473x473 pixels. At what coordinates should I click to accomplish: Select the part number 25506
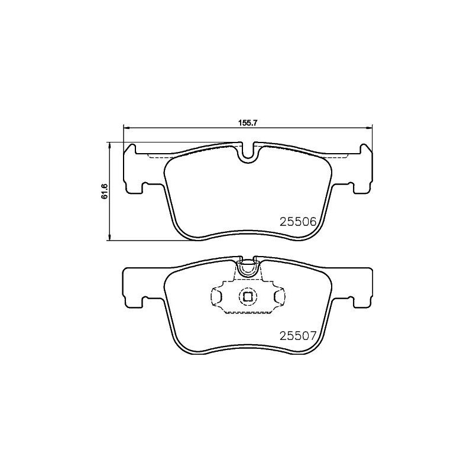pos(299,221)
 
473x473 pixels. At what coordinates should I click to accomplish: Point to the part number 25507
pos(299,335)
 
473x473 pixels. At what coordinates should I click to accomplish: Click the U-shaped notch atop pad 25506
pos(248,153)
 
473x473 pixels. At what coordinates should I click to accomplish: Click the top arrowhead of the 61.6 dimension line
pos(110,144)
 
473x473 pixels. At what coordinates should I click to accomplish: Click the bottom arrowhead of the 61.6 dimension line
pos(110,238)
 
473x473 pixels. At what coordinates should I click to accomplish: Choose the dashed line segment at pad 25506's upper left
pos(157,157)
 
